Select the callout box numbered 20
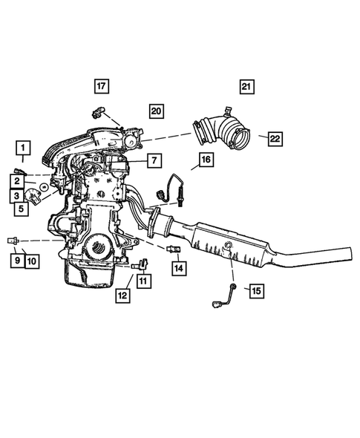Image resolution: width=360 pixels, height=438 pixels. pyautogui.click(x=155, y=111)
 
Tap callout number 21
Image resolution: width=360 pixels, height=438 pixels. pyautogui.click(x=246, y=86)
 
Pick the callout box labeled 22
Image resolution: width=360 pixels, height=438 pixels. pyautogui.click(x=275, y=138)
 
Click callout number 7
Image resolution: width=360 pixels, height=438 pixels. pyautogui.click(x=153, y=160)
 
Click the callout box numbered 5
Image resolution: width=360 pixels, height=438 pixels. pyautogui.click(x=22, y=209)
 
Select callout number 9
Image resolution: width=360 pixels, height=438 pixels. pyautogui.click(x=15, y=260)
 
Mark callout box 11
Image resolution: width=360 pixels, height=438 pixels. pyautogui.click(x=142, y=281)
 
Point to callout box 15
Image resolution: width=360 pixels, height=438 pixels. pyautogui.click(x=256, y=291)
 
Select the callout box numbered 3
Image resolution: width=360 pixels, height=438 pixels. pyautogui.click(x=16, y=195)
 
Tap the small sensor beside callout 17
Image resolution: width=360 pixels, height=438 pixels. pyautogui.click(x=96, y=113)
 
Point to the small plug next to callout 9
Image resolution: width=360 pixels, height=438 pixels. pyautogui.click(x=13, y=241)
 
